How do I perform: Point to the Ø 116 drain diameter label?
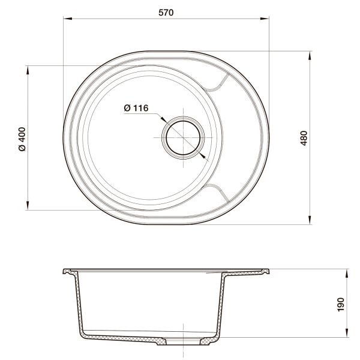136,108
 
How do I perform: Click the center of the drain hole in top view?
182,137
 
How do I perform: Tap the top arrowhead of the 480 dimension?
310,55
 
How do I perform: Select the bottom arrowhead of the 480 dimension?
310,220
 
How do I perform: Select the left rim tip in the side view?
65,271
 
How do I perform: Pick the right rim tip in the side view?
268,271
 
